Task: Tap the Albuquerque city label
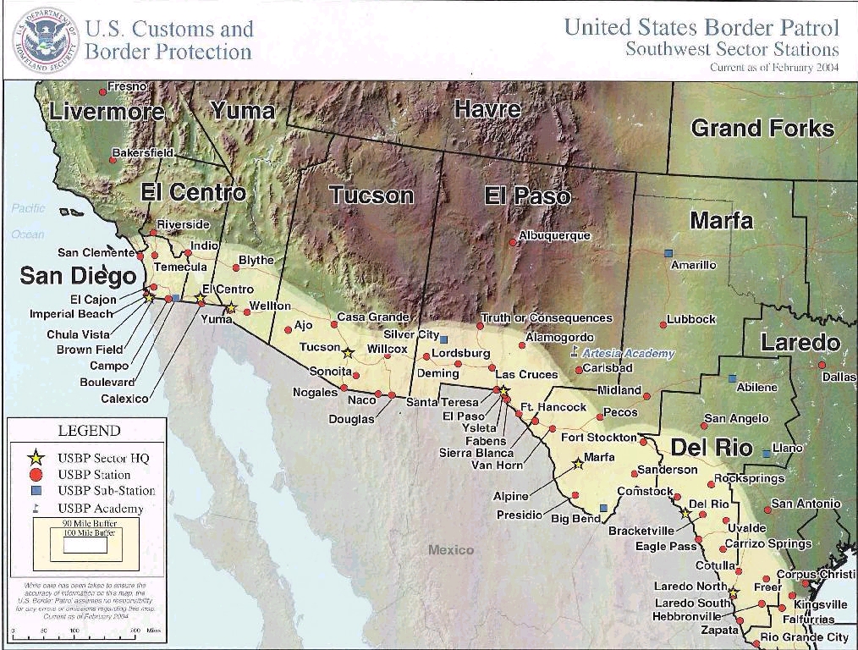coord(554,235)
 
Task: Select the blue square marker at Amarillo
coord(668,253)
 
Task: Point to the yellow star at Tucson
coord(347,352)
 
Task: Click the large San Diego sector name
coord(78,276)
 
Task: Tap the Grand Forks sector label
coord(762,129)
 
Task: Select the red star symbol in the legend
coord(36,458)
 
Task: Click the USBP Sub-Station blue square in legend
coord(37,491)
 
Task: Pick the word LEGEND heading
coord(89,431)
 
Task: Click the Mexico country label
coord(451,550)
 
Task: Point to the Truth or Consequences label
coord(547,318)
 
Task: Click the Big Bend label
coord(575,519)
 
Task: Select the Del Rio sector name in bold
coord(712,447)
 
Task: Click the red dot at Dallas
coord(822,365)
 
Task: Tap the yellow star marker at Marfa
coord(578,463)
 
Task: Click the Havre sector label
coord(487,109)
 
